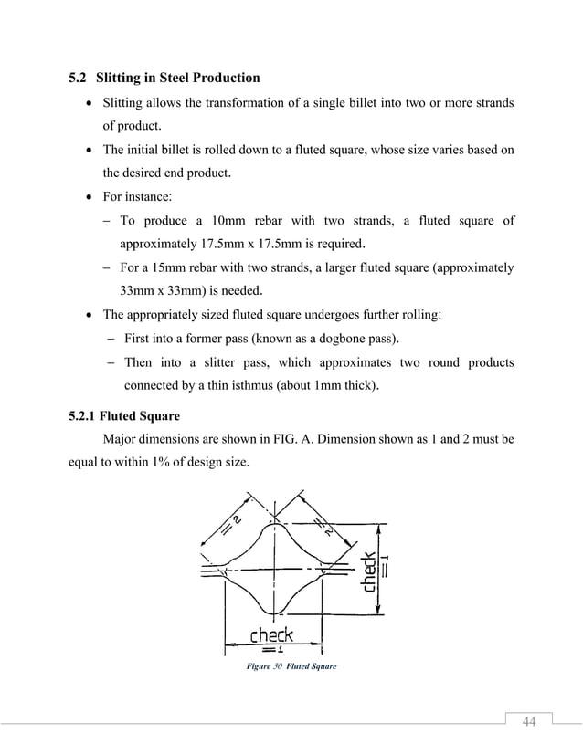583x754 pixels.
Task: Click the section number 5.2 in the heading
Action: pyautogui.click(x=79, y=78)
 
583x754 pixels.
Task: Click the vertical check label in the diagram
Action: pyautogui.click(x=369, y=572)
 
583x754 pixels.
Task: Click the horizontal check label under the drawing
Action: pyautogui.click(x=271, y=634)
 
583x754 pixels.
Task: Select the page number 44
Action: pyautogui.click(x=528, y=723)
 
